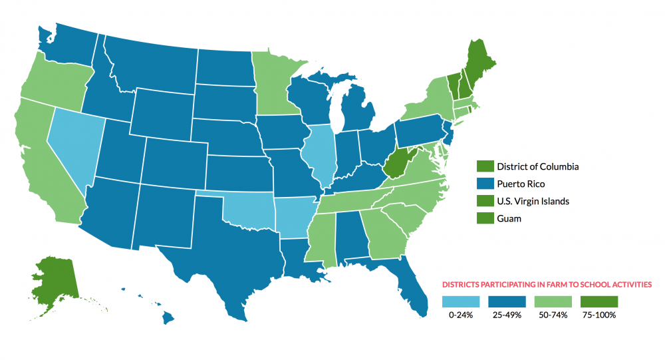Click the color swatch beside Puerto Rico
pos(485,184)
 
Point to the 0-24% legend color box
pos(460,301)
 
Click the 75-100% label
pos(598,315)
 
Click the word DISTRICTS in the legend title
pos(462,284)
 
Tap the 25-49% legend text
pos(506,315)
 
